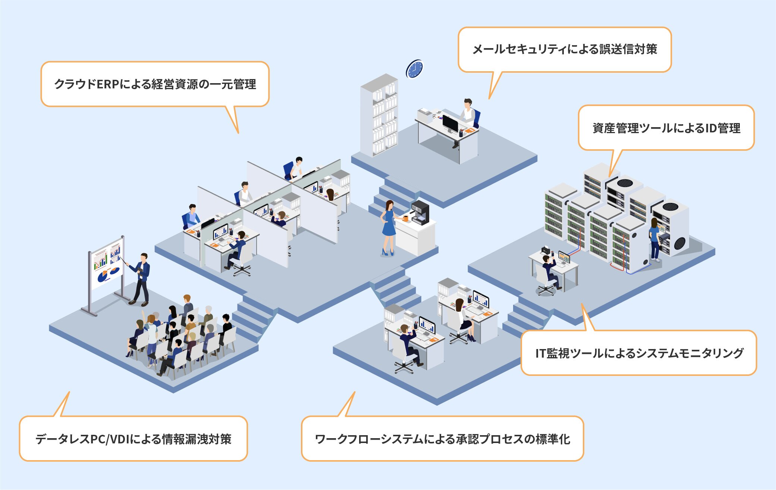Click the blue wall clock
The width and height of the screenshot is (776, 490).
414,69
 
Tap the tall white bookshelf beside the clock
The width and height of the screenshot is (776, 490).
379,115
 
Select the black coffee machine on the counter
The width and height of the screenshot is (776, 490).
420,212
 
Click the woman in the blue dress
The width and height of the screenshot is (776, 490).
388,228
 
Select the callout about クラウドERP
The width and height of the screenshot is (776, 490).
155,84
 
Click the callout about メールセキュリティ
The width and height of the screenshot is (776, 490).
564,49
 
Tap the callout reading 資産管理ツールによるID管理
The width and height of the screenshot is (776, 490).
666,128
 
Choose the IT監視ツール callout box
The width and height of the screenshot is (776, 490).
638,353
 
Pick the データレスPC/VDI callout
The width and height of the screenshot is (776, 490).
133,439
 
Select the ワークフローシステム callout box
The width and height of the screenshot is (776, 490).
442,439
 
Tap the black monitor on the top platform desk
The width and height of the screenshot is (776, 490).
450,123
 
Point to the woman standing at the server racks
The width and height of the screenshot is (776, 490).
654,239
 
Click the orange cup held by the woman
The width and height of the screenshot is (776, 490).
405,218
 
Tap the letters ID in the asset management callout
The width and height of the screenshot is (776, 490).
711,128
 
